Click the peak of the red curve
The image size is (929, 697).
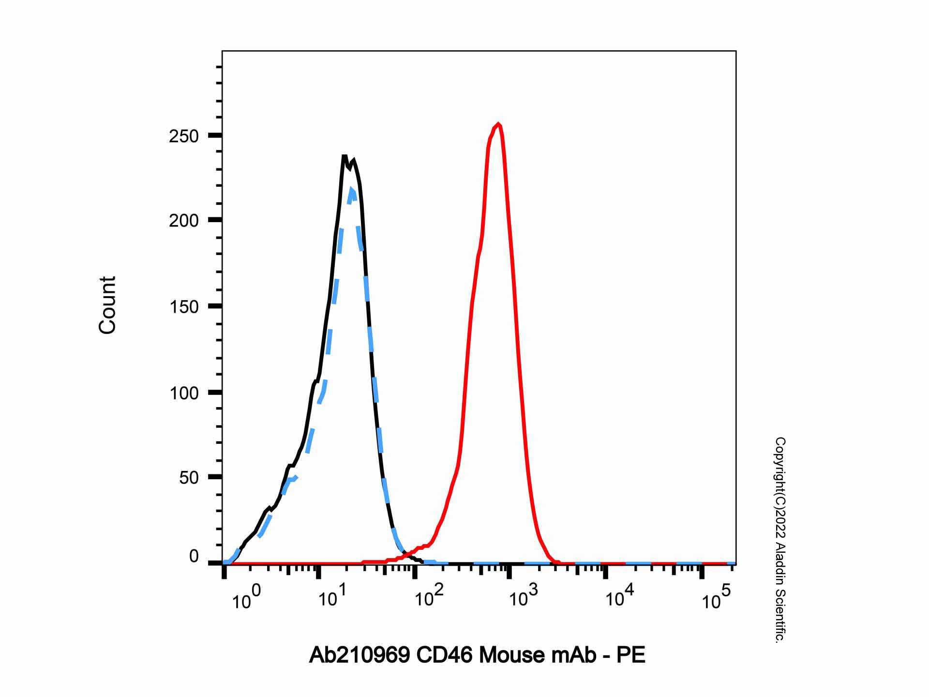tap(498, 124)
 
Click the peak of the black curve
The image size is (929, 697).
tap(344, 156)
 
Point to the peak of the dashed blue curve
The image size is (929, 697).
tap(352, 189)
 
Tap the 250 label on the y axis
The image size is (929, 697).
tap(184, 136)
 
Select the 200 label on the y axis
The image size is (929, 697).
tap(184, 221)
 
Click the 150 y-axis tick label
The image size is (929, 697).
tap(184, 307)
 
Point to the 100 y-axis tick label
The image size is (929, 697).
tap(184, 393)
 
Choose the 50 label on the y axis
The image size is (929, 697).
tap(189, 478)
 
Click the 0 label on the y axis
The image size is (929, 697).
tap(194, 557)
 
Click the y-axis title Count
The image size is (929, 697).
tap(107, 305)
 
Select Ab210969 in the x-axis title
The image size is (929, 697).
tap(359, 655)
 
